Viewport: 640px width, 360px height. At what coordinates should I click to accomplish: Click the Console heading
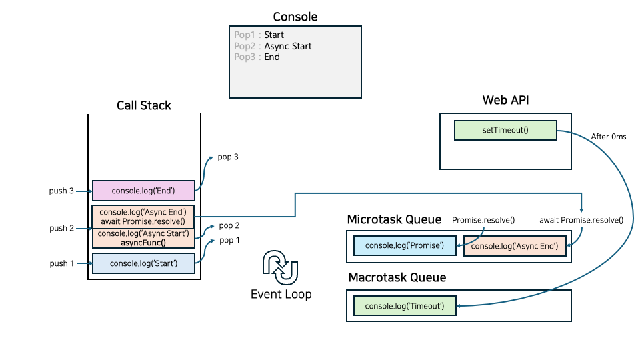pos(295,17)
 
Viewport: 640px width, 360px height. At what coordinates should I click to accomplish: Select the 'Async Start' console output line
pos(273,46)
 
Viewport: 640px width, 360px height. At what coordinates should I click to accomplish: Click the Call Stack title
pos(144,105)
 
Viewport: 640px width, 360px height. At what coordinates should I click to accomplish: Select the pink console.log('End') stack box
pos(143,191)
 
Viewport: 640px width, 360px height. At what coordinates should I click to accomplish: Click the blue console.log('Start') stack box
pos(143,263)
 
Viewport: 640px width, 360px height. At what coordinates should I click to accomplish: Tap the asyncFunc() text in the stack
pos(143,243)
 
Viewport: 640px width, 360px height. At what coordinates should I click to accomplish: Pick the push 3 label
pos(62,191)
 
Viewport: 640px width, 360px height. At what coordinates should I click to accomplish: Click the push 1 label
pos(62,263)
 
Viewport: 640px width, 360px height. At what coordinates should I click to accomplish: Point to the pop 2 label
pos(229,226)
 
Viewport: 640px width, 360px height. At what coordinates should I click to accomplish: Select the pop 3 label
pos(228,157)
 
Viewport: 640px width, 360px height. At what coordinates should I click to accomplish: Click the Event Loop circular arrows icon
pos(281,267)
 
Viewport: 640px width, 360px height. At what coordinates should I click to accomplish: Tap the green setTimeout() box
pos(505,130)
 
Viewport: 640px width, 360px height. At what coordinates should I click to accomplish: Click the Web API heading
pos(505,100)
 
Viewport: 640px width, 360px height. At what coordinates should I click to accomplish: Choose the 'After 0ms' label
pos(608,137)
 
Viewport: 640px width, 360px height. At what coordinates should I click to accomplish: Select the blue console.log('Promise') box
pos(405,245)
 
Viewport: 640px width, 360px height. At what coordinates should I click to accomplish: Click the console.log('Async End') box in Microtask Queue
pos(515,245)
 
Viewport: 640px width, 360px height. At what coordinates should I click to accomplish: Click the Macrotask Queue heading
pos(397,277)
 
